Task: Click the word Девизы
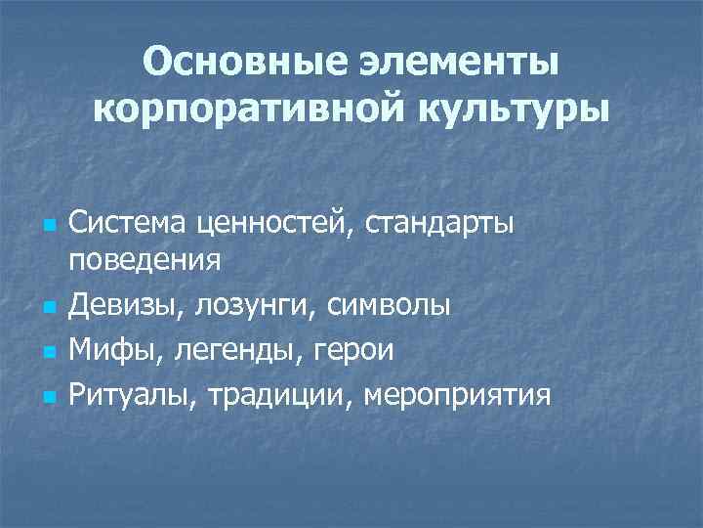click(128, 306)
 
